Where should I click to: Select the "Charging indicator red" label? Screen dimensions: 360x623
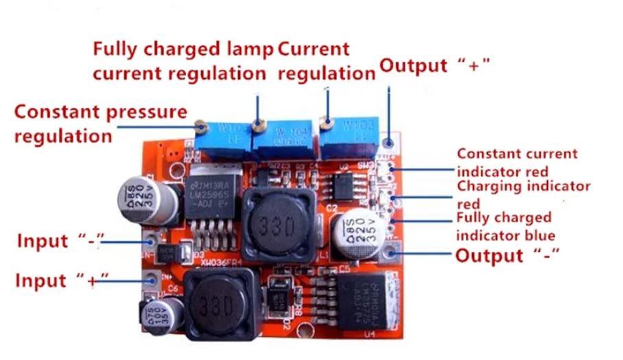pos(524,195)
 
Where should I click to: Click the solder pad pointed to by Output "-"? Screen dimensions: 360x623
pos(392,256)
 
